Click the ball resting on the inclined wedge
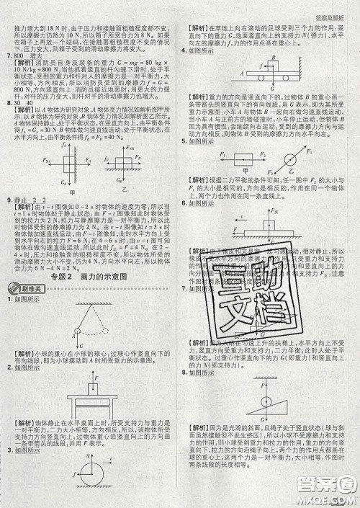pyautogui.click(x=266, y=401)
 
